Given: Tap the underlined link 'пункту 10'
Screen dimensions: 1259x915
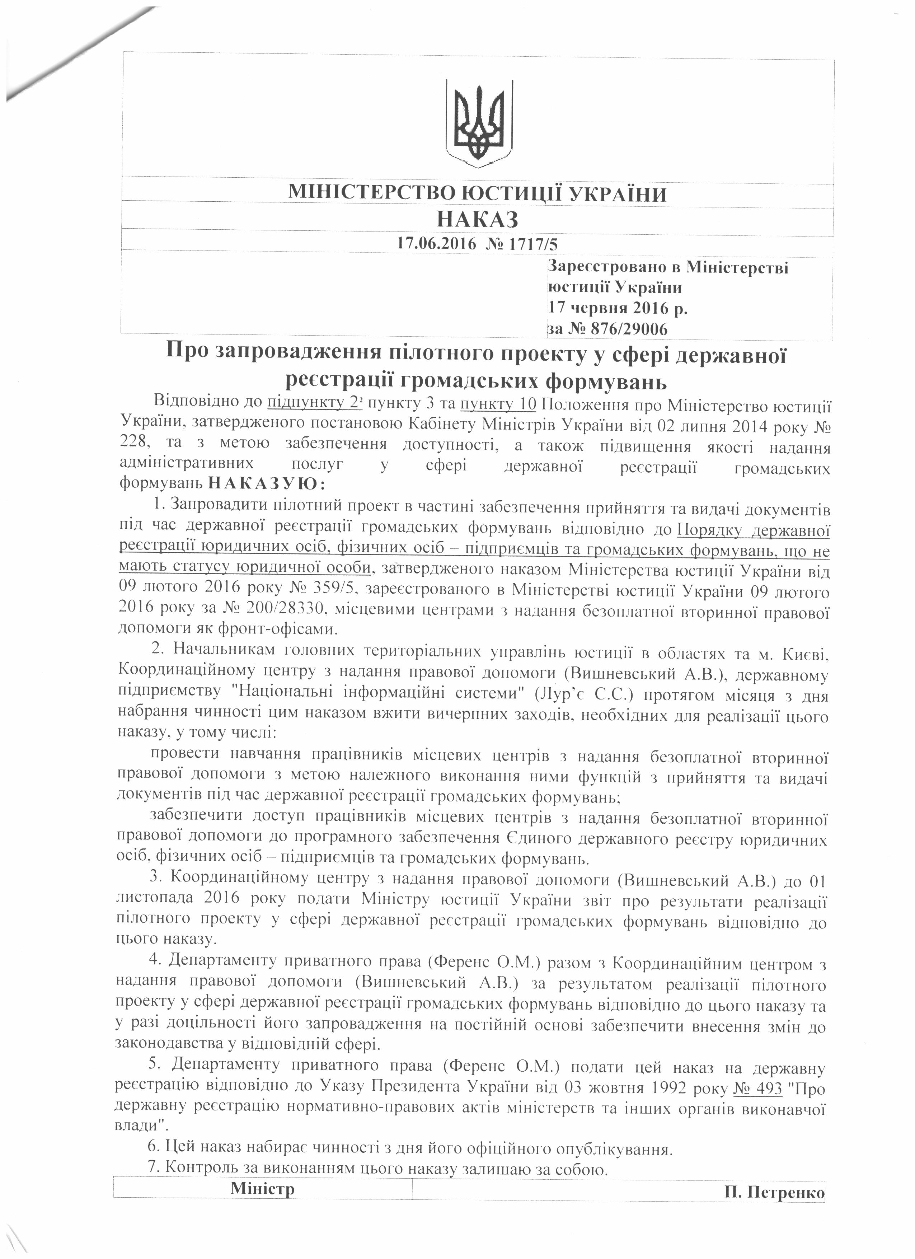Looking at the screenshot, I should (498, 403).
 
